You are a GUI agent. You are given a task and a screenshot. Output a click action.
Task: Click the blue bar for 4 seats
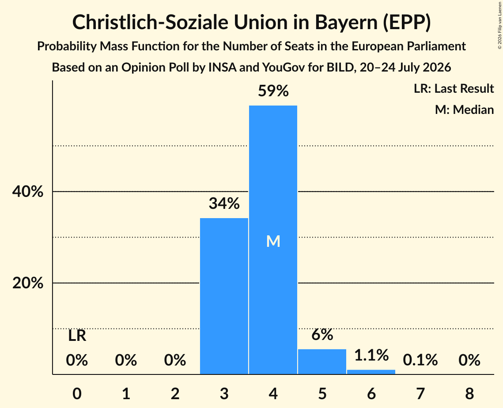point(273,240)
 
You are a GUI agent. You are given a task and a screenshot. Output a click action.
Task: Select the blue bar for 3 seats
point(224,296)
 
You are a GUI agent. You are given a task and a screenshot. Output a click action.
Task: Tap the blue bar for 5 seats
point(322,362)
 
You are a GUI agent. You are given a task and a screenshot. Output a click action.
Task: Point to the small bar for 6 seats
point(371,372)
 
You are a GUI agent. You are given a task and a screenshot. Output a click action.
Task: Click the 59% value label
point(273,91)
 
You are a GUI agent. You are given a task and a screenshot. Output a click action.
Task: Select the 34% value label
point(224,204)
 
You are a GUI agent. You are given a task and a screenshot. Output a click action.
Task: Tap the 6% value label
point(322,334)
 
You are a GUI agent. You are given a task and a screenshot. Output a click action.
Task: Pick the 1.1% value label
point(371,355)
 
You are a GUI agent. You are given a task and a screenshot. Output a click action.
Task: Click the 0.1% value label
point(420,360)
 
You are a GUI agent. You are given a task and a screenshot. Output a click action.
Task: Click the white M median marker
point(273,241)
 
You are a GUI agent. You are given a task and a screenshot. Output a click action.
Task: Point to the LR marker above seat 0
point(77,336)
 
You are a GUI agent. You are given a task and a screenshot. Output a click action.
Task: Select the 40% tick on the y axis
point(27,192)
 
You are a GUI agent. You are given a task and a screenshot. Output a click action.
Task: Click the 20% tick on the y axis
point(27,283)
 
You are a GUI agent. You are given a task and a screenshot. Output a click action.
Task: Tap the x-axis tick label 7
point(420,393)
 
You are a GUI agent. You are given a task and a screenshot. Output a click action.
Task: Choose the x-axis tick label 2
point(175,393)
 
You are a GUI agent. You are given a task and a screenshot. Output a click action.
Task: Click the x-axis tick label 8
point(469,393)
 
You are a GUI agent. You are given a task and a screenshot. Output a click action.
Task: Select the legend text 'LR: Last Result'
point(454,88)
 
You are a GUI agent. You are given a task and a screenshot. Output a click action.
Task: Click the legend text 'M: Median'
point(464,110)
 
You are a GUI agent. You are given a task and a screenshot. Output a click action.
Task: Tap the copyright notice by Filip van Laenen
point(500,25)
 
